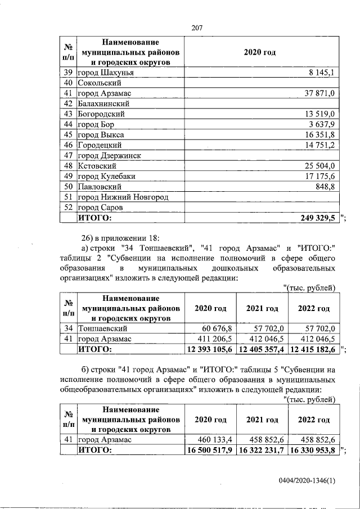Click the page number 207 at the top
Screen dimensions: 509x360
pos(196,28)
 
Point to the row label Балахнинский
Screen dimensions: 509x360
pos(104,103)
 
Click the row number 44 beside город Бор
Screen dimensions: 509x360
pos(69,124)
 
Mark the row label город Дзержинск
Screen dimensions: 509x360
pos(109,156)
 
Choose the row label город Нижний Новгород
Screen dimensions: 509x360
pos(123,197)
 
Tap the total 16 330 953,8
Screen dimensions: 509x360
pos(312,450)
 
